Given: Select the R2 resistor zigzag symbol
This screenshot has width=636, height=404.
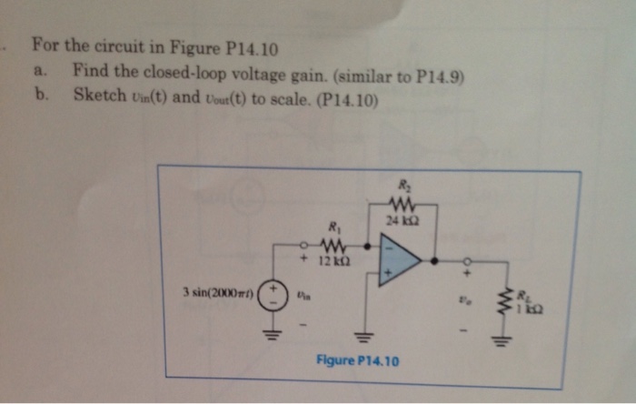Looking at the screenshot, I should [x=401, y=204].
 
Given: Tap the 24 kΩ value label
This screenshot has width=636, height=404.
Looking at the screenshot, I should [x=401, y=220].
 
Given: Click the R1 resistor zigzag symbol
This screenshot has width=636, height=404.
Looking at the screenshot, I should [x=332, y=245].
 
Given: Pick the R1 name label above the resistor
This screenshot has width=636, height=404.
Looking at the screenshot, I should [x=332, y=228].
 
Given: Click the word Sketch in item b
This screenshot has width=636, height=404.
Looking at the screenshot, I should [x=99, y=94].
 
